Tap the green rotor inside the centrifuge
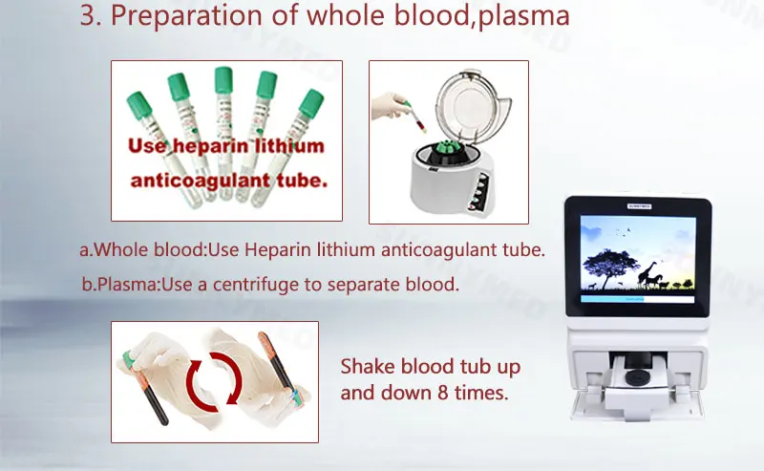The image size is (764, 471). tap(446, 151)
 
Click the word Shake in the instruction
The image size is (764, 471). tap(364, 368)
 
